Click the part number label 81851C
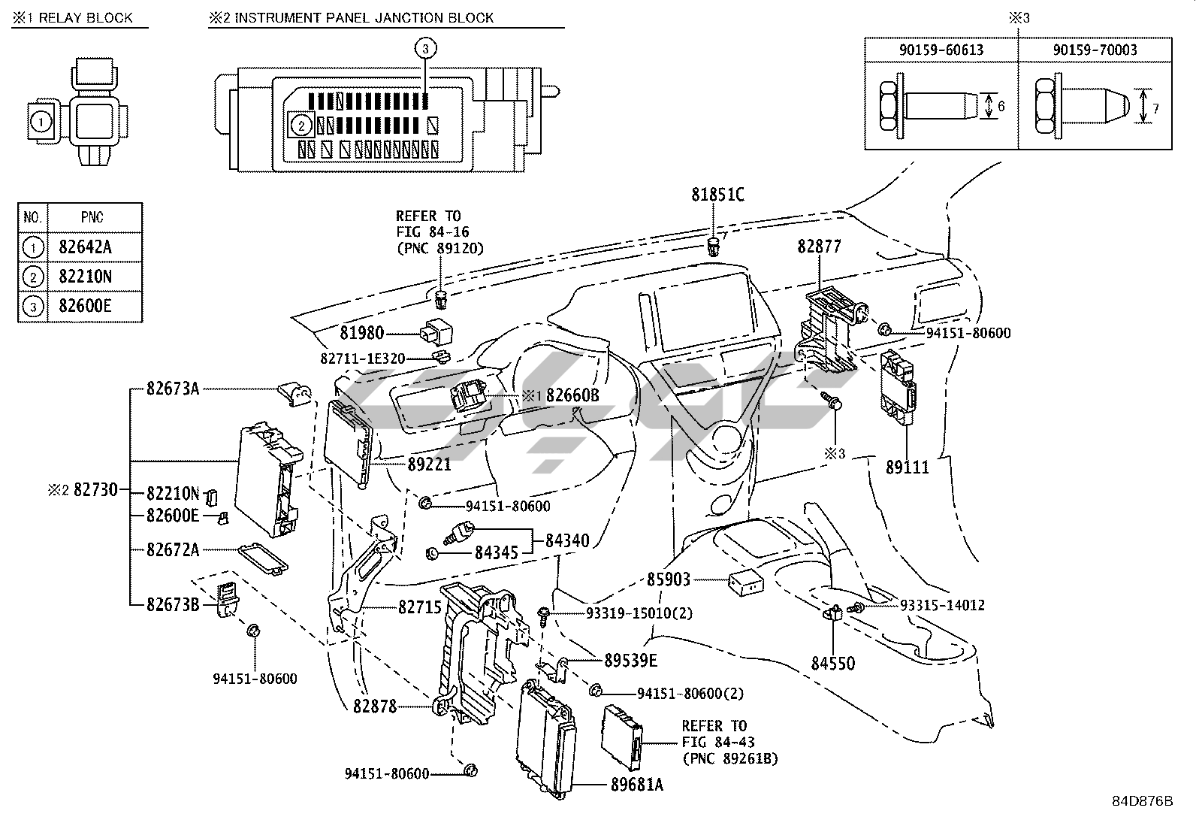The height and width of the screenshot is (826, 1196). (x=717, y=195)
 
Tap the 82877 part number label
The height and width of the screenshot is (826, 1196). (x=819, y=247)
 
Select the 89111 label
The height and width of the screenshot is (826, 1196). (x=907, y=467)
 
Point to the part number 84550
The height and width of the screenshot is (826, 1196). (x=832, y=664)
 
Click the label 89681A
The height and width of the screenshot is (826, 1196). (x=636, y=785)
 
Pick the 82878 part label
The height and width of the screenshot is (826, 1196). (x=375, y=706)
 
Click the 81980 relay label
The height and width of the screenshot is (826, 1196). (x=361, y=333)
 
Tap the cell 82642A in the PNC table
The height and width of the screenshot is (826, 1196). (x=85, y=247)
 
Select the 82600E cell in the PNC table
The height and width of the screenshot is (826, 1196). (x=85, y=306)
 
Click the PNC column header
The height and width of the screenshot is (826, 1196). (x=92, y=217)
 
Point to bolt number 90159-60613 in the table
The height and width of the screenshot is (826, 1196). (x=941, y=50)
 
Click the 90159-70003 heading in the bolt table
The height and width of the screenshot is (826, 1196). (x=1095, y=50)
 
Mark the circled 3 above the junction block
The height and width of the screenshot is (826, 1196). (x=425, y=49)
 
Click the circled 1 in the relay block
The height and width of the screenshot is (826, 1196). (x=41, y=120)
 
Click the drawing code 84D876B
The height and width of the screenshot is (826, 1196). (x=1142, y=800)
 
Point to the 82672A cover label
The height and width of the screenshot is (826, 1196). (x=173, y=549)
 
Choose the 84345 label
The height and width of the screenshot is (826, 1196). (x=496, y=553)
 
